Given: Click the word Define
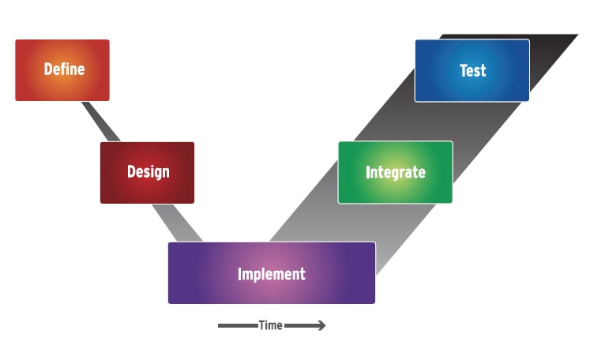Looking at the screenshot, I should [x=64, y=69].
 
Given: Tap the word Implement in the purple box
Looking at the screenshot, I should [x=271, y=274].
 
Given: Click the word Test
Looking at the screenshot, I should [x=472, y=70].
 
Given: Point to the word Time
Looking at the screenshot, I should [x=270, y=325].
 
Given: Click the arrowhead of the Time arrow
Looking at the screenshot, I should [x=321, y=325].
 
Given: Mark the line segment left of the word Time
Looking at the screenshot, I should [x=237, y=325].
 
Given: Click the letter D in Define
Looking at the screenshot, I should [x=48, y=69].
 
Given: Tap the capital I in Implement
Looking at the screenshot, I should [x=240, y=274].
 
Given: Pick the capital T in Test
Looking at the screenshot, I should [x=463, y=70].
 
